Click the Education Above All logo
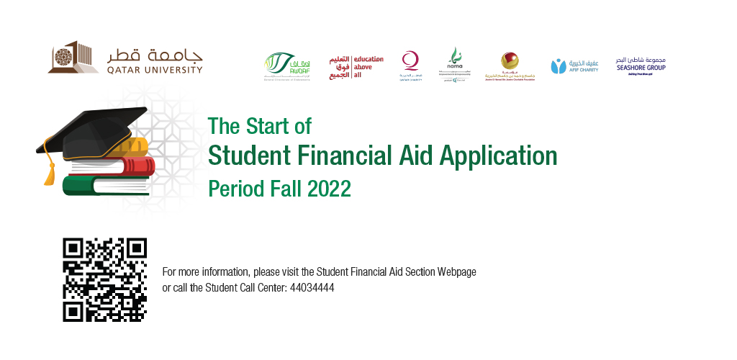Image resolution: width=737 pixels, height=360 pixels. [x=356, y=66]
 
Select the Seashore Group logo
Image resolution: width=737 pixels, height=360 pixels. [x=641, y=66]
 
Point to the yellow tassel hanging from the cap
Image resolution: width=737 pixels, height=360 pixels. [x=49, y=169]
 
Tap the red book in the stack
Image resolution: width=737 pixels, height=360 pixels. [x=115, y=166]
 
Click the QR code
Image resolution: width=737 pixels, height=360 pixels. [x=104, y=279]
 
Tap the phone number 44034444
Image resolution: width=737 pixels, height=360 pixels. [x=312, y=288]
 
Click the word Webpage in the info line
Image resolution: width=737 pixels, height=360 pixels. [x=458, y=272]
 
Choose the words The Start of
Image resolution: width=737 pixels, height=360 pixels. [x=259, y=126]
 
